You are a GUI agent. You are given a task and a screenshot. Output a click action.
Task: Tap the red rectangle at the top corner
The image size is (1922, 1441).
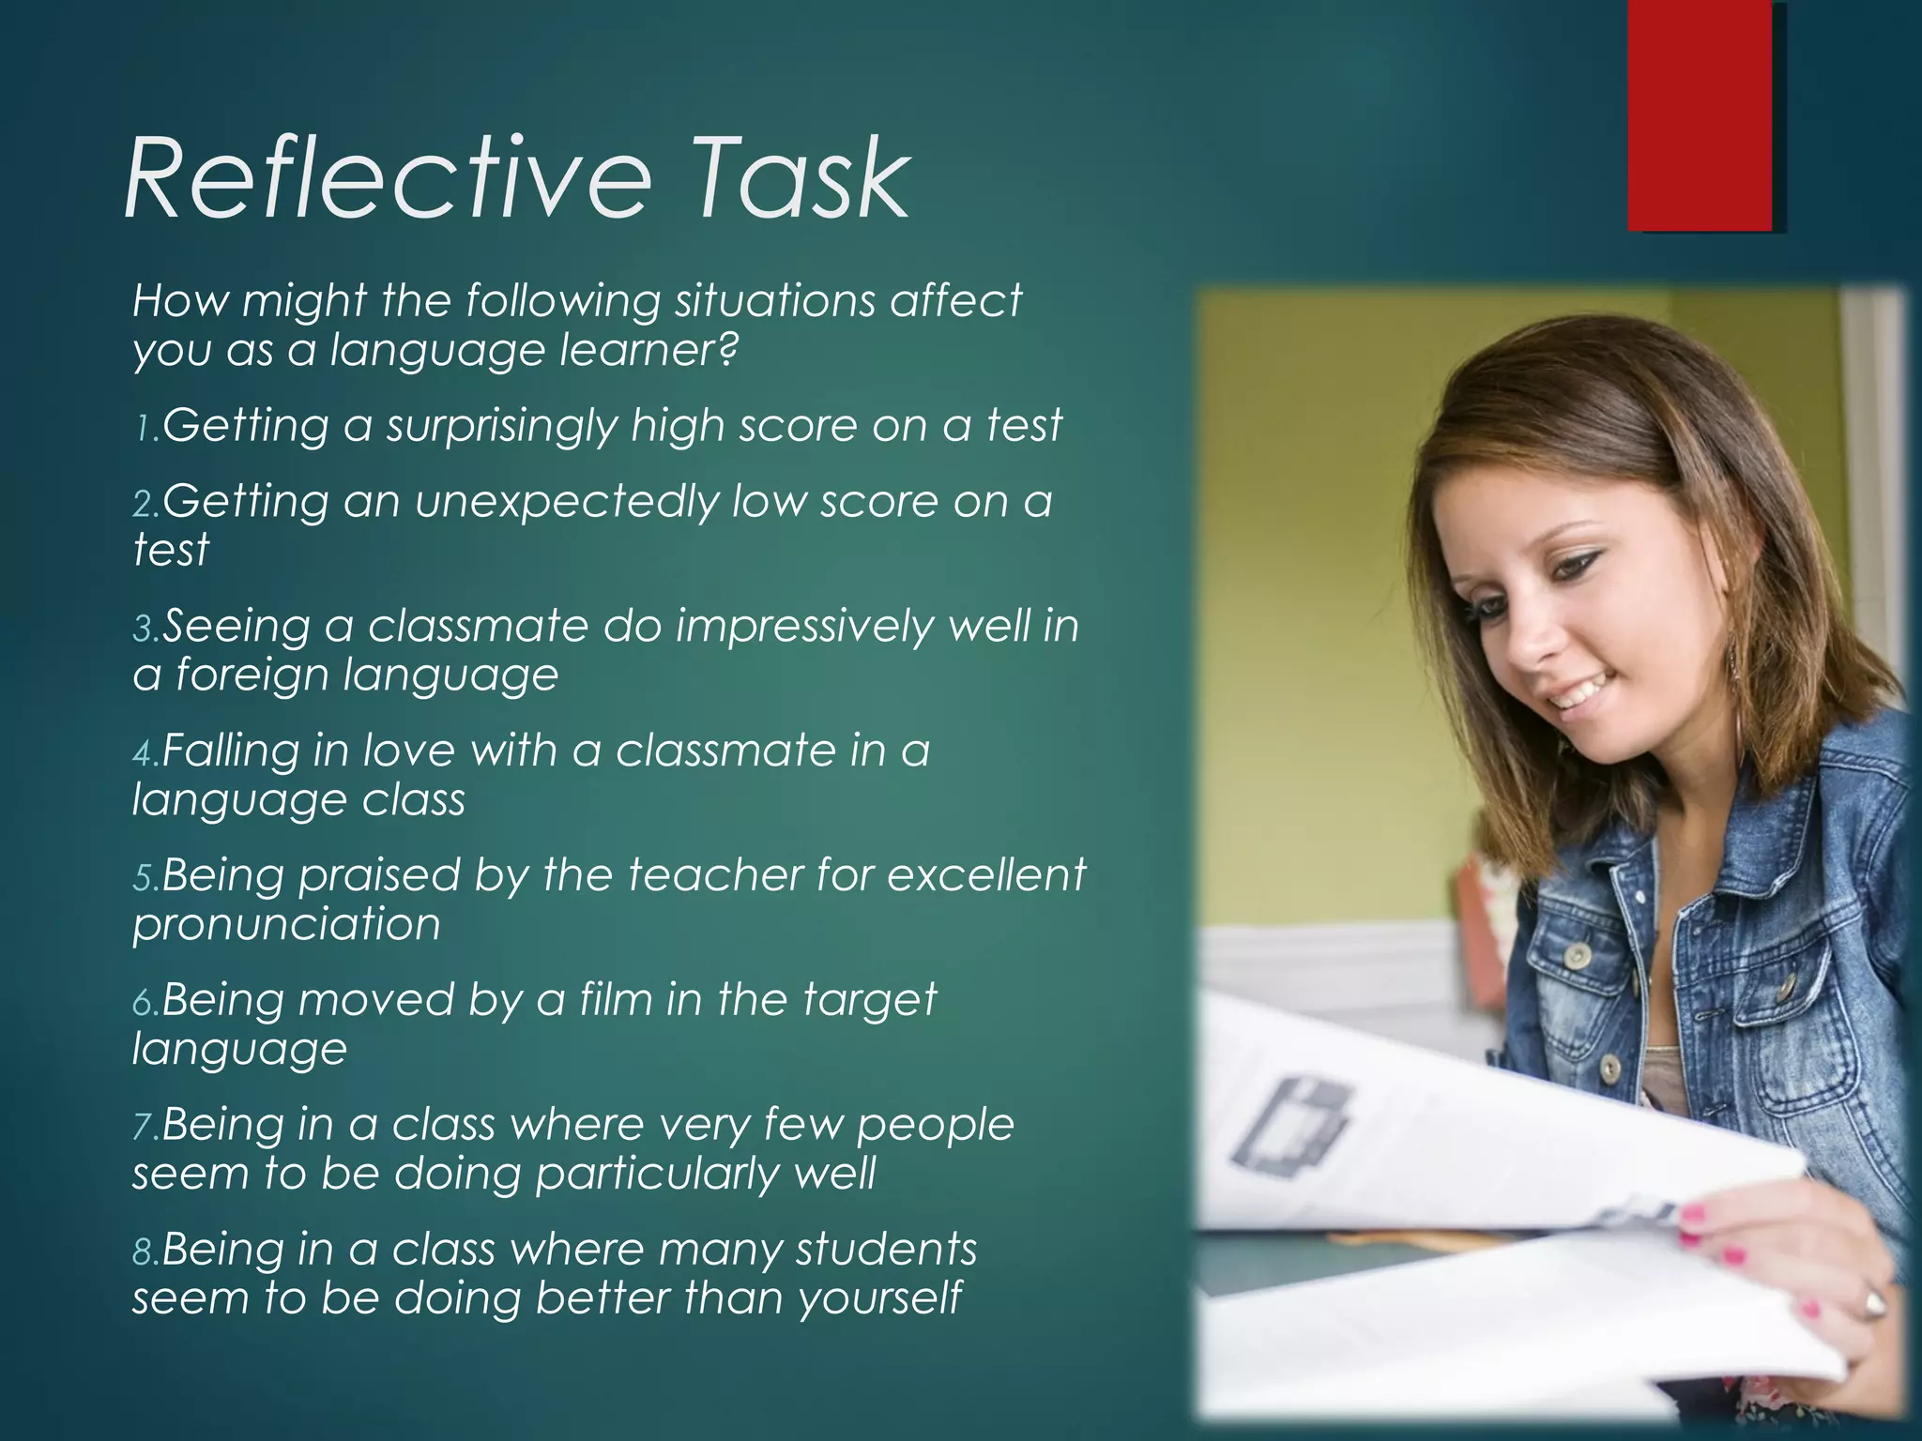[x=1700, y=115]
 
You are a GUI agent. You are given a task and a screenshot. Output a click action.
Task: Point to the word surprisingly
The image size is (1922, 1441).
[x=503, y=427]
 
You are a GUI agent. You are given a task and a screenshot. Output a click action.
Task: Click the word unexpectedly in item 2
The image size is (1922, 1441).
[x=567, y=502]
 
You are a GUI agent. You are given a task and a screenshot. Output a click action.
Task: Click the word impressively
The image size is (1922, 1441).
[x=803, y=627]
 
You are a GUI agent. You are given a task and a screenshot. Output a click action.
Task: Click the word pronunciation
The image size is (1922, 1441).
[x=286, y=925]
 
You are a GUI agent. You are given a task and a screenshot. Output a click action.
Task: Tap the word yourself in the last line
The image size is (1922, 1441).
[x=879, y=1299]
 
